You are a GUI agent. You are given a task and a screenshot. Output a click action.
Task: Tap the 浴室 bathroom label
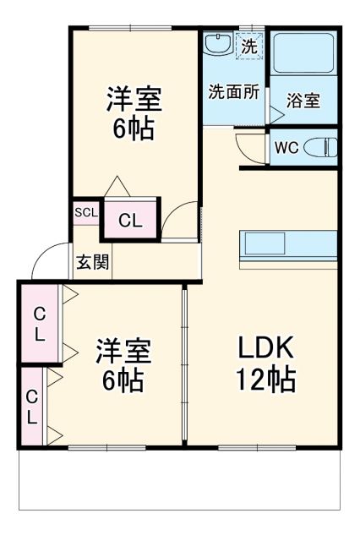[303, 101]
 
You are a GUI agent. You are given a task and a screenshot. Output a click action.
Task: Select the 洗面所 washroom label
[233, 92]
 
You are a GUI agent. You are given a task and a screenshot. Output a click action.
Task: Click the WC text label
[286, 147]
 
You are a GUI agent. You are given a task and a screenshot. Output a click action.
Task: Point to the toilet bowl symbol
[319, 146]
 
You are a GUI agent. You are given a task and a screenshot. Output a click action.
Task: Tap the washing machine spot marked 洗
[248, 46]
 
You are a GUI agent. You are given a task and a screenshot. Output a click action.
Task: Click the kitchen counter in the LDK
[289, 246]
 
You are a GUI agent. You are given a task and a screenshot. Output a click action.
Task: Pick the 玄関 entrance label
[92, 261]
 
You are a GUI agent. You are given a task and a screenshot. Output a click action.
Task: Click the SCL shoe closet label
[85, 212]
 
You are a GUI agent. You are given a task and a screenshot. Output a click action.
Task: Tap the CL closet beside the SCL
[129, 221]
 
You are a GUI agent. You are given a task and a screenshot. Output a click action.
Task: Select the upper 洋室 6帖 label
[134, 112]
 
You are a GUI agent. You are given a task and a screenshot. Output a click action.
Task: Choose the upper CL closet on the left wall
[38, 323]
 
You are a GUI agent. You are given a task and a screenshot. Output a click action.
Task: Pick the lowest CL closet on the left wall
[31, 407]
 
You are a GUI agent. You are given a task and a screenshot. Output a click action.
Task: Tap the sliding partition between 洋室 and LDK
[184, 363]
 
